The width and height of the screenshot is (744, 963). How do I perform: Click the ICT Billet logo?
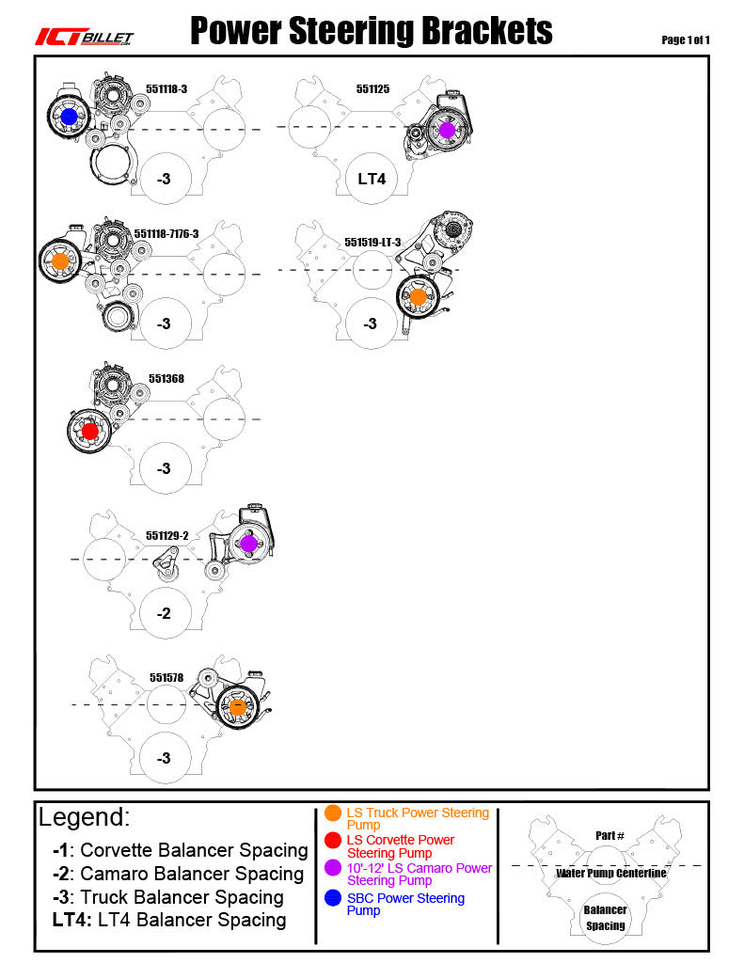click(85, 37)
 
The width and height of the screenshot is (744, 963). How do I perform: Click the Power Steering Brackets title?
click(372, 32)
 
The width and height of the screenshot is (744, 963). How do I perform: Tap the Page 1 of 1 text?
click(685, 39)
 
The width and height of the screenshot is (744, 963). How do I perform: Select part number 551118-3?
click(166, 88)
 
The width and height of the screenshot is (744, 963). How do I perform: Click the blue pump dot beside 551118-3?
click(69, 117)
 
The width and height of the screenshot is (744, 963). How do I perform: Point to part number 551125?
click(372, 89)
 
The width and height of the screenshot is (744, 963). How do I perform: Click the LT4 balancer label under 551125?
click(372, 178)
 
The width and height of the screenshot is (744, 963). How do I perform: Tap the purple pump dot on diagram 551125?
click(447, 130)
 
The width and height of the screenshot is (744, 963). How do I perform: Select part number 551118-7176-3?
click(166, 233)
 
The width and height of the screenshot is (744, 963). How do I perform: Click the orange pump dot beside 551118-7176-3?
click(60, 260)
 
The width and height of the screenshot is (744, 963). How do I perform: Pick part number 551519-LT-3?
click(372, 242)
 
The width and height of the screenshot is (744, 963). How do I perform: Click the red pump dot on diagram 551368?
click(89, 432)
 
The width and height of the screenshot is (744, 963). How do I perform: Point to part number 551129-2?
click(167, 535)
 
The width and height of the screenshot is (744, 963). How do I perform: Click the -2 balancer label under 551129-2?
click(164, 613)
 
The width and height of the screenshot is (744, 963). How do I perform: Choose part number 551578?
click(166, 677)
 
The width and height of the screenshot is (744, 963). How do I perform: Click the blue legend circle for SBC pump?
click(333, 898)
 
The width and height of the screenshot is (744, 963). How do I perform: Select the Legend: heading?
click(85, 816)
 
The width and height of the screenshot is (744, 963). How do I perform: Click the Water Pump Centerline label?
click(611, 874)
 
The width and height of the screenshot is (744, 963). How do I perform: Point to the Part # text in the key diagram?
click(609, 835)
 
